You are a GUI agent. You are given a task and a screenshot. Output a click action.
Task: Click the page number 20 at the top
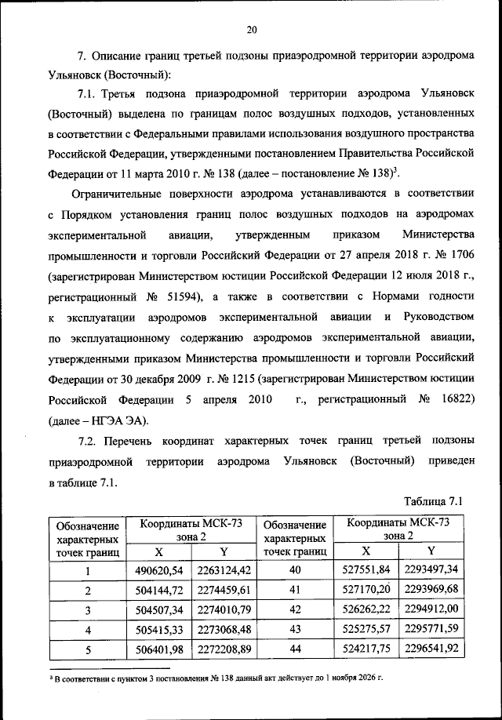tap(251, 31)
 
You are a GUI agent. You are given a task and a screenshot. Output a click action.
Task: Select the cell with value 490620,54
tap(159, 570)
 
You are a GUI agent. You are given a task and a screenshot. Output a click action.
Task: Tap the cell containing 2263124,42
tap(224, 570)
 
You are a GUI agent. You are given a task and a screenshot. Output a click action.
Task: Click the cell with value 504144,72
tap(159, 590)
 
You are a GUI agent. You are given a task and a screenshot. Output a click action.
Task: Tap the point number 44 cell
tap(295, 649)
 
